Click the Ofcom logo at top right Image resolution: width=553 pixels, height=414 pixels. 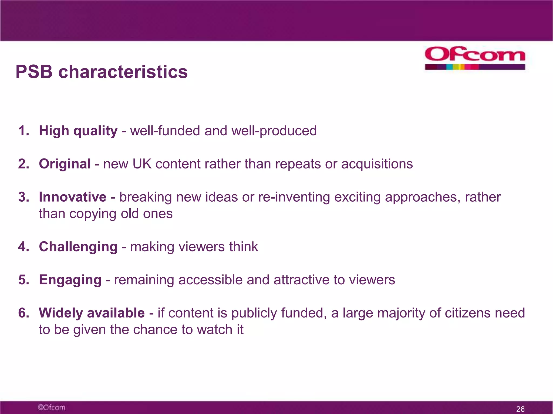point(475,58)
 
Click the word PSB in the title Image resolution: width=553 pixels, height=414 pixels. point(34,72)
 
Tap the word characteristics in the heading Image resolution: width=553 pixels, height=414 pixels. point(123,72)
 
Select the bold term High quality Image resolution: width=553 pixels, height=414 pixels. point(78,131)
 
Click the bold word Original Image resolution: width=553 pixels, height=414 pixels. point(65,164)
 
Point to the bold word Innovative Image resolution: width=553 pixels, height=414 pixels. point(73,197)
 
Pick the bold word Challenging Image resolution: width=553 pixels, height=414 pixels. point(78,247)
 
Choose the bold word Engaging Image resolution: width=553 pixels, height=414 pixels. point(70,280)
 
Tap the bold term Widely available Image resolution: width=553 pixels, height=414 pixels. point(92,313)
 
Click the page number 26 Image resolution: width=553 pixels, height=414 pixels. point(520,409)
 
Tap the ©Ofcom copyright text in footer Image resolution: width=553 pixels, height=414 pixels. point(51,407)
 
